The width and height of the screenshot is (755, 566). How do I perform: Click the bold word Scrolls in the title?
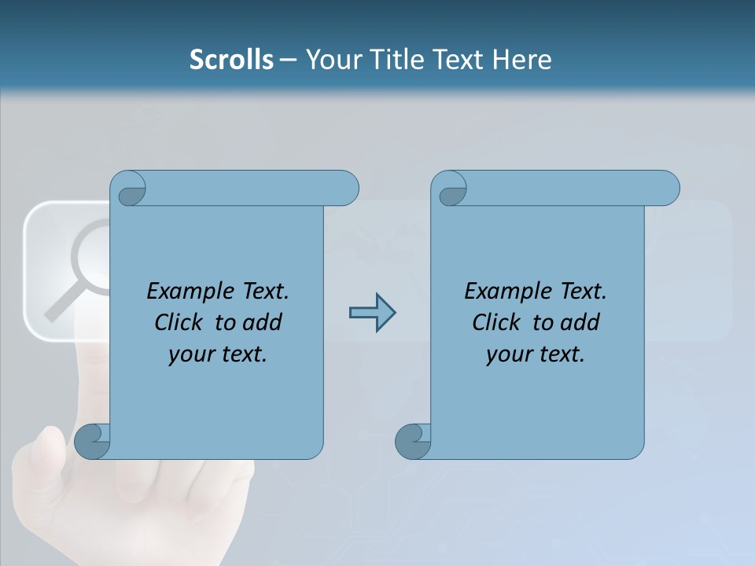[231, 60]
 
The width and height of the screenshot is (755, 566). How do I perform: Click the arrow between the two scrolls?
[372, 313]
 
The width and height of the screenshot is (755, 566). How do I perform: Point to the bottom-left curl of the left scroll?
[92, 441]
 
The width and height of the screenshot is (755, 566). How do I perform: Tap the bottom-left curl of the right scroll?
[413, 441]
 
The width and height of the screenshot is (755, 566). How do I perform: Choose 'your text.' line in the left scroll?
[218, 355]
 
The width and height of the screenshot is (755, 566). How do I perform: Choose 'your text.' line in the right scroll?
[536, 355]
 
